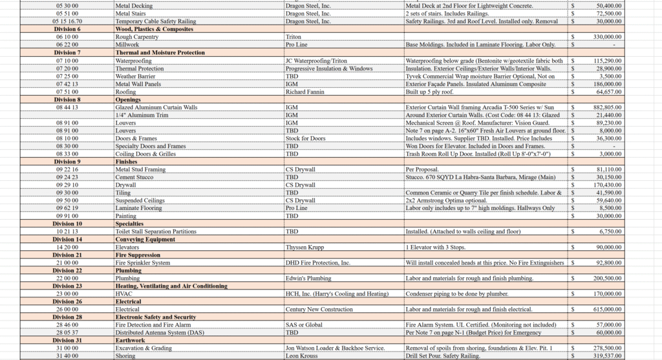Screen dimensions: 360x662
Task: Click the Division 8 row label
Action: tap(67, 100)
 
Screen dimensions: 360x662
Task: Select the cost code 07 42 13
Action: tap(67, 84)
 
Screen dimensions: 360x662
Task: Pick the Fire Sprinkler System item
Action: tap(143, 263)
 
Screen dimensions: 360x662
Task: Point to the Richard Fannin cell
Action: tap(306, 92)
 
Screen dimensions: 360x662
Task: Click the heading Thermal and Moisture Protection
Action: tap(160, 52)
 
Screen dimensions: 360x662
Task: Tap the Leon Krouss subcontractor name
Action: tap(303, 356)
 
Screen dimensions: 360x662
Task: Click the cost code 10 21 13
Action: tap(67, 231)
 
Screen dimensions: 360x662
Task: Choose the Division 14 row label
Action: tap(67, 239)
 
